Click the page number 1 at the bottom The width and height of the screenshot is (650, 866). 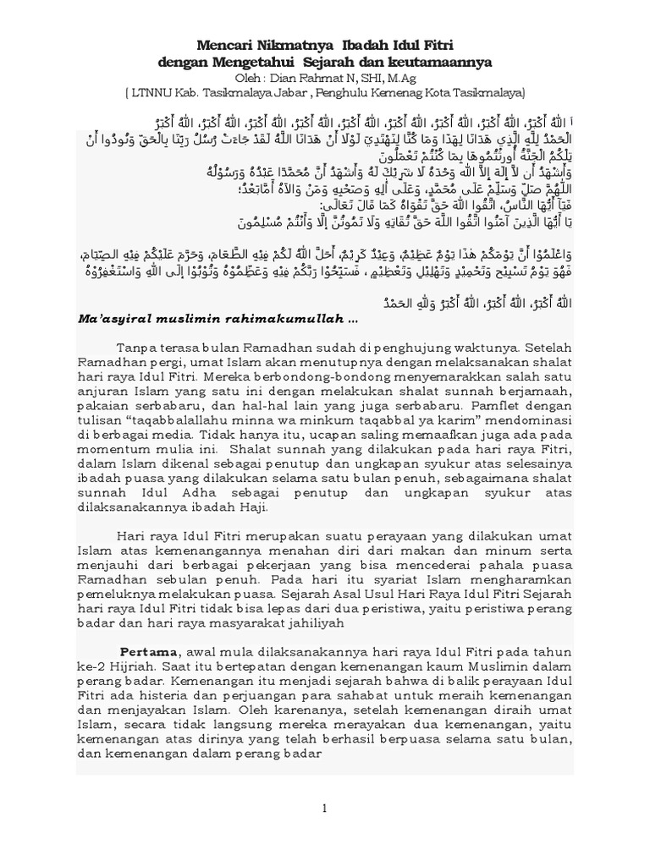click(324, 809)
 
